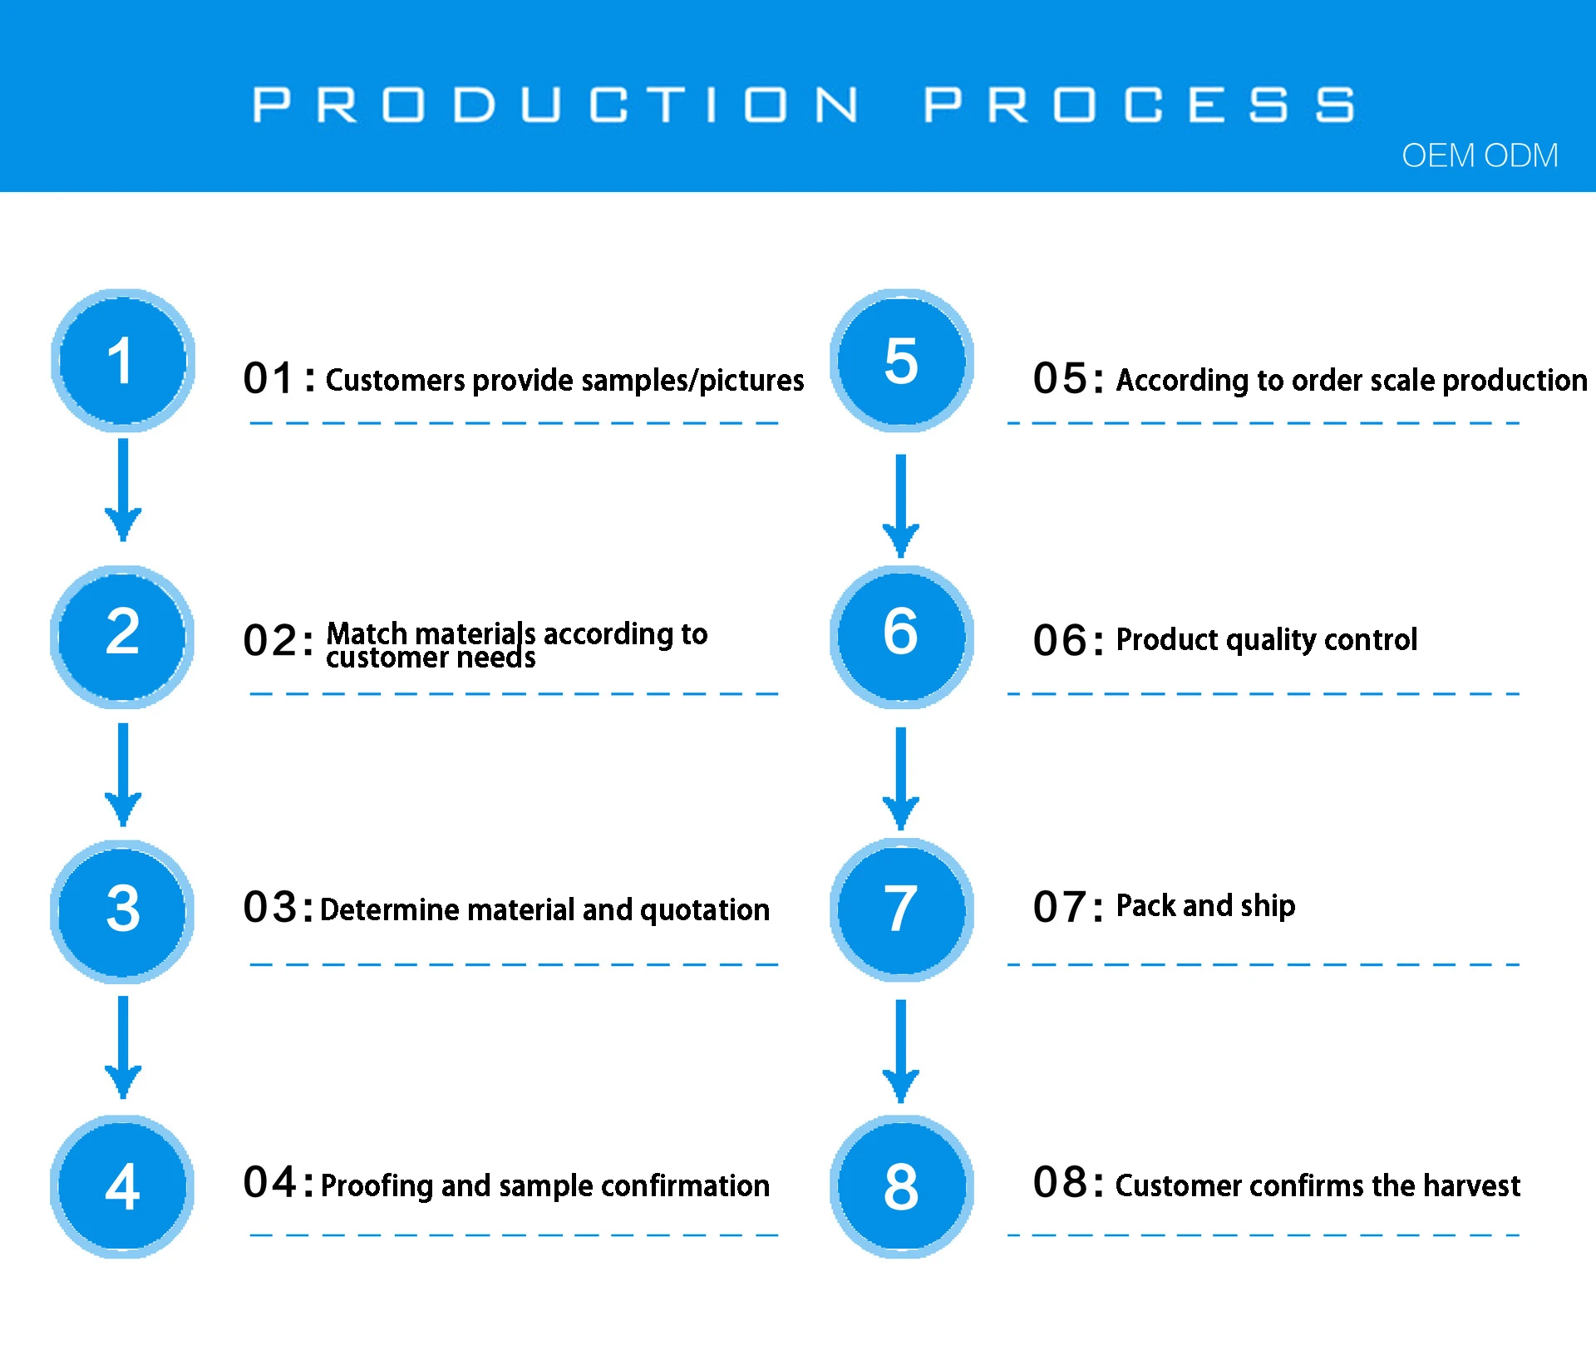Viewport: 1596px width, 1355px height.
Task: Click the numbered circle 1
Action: click(x=123, y=361)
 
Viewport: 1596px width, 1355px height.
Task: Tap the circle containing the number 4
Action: click(x=122, y=1186)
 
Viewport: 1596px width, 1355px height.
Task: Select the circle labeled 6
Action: click(x=901, y=637)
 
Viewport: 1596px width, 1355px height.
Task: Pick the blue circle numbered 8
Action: click(x=901, y=1186)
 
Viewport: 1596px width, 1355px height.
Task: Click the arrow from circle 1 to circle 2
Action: click(x=123, y=490)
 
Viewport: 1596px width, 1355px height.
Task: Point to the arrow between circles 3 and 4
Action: click(x=123, y=1047)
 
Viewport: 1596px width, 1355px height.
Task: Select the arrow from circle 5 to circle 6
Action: click(x=900, y=506)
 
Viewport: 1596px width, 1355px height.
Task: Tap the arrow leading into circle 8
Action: click(x=900, y=1052)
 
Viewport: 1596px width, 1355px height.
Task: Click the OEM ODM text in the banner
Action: click(x=1480, y=155)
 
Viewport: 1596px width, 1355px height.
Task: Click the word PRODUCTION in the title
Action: click(x=555, y=105)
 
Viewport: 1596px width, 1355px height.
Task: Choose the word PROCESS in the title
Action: click(x=1139, y=105)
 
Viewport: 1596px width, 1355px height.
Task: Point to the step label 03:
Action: click(x=278, y=907)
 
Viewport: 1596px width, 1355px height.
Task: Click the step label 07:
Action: click(x=1068, y=907)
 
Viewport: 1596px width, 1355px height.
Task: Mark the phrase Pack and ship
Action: click(x=1205, y=906)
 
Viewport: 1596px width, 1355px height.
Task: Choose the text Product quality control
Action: click(x=1266, y=639)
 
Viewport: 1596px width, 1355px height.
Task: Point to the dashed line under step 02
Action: click(x=514, y=693)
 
